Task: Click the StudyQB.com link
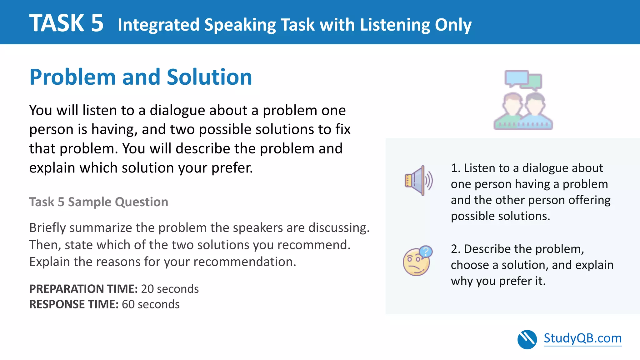tap(582, 338)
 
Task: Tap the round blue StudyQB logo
tap(527, 339)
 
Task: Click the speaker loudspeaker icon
tap(418, 181)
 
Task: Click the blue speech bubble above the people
tap(516, 78)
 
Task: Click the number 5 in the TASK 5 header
tap(97, 23)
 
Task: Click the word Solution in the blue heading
tap(209, 77)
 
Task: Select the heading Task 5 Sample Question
tap(98, 202)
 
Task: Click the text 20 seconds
tap(170, 289)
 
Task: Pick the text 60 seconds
tap(151, 304)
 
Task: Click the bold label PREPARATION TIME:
tap(83, 289)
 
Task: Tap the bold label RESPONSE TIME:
tap(74, 304)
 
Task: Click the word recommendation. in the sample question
tap(244, 262)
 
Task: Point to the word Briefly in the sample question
tap(47, 228)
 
